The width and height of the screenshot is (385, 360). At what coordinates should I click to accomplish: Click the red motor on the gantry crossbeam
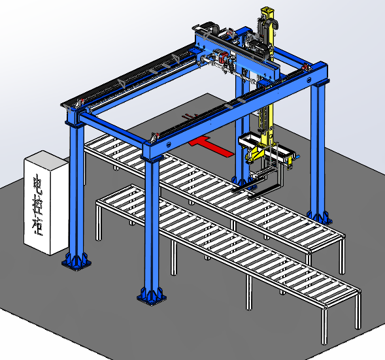pos(224,56)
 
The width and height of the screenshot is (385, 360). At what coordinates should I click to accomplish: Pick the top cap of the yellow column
pos(267,11)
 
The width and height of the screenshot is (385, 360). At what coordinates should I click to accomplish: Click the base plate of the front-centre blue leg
pos(151,297)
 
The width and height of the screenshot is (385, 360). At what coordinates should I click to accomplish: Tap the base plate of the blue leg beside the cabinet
pos(76,262)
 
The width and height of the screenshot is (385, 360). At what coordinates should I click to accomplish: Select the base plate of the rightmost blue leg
pos(320,218)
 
